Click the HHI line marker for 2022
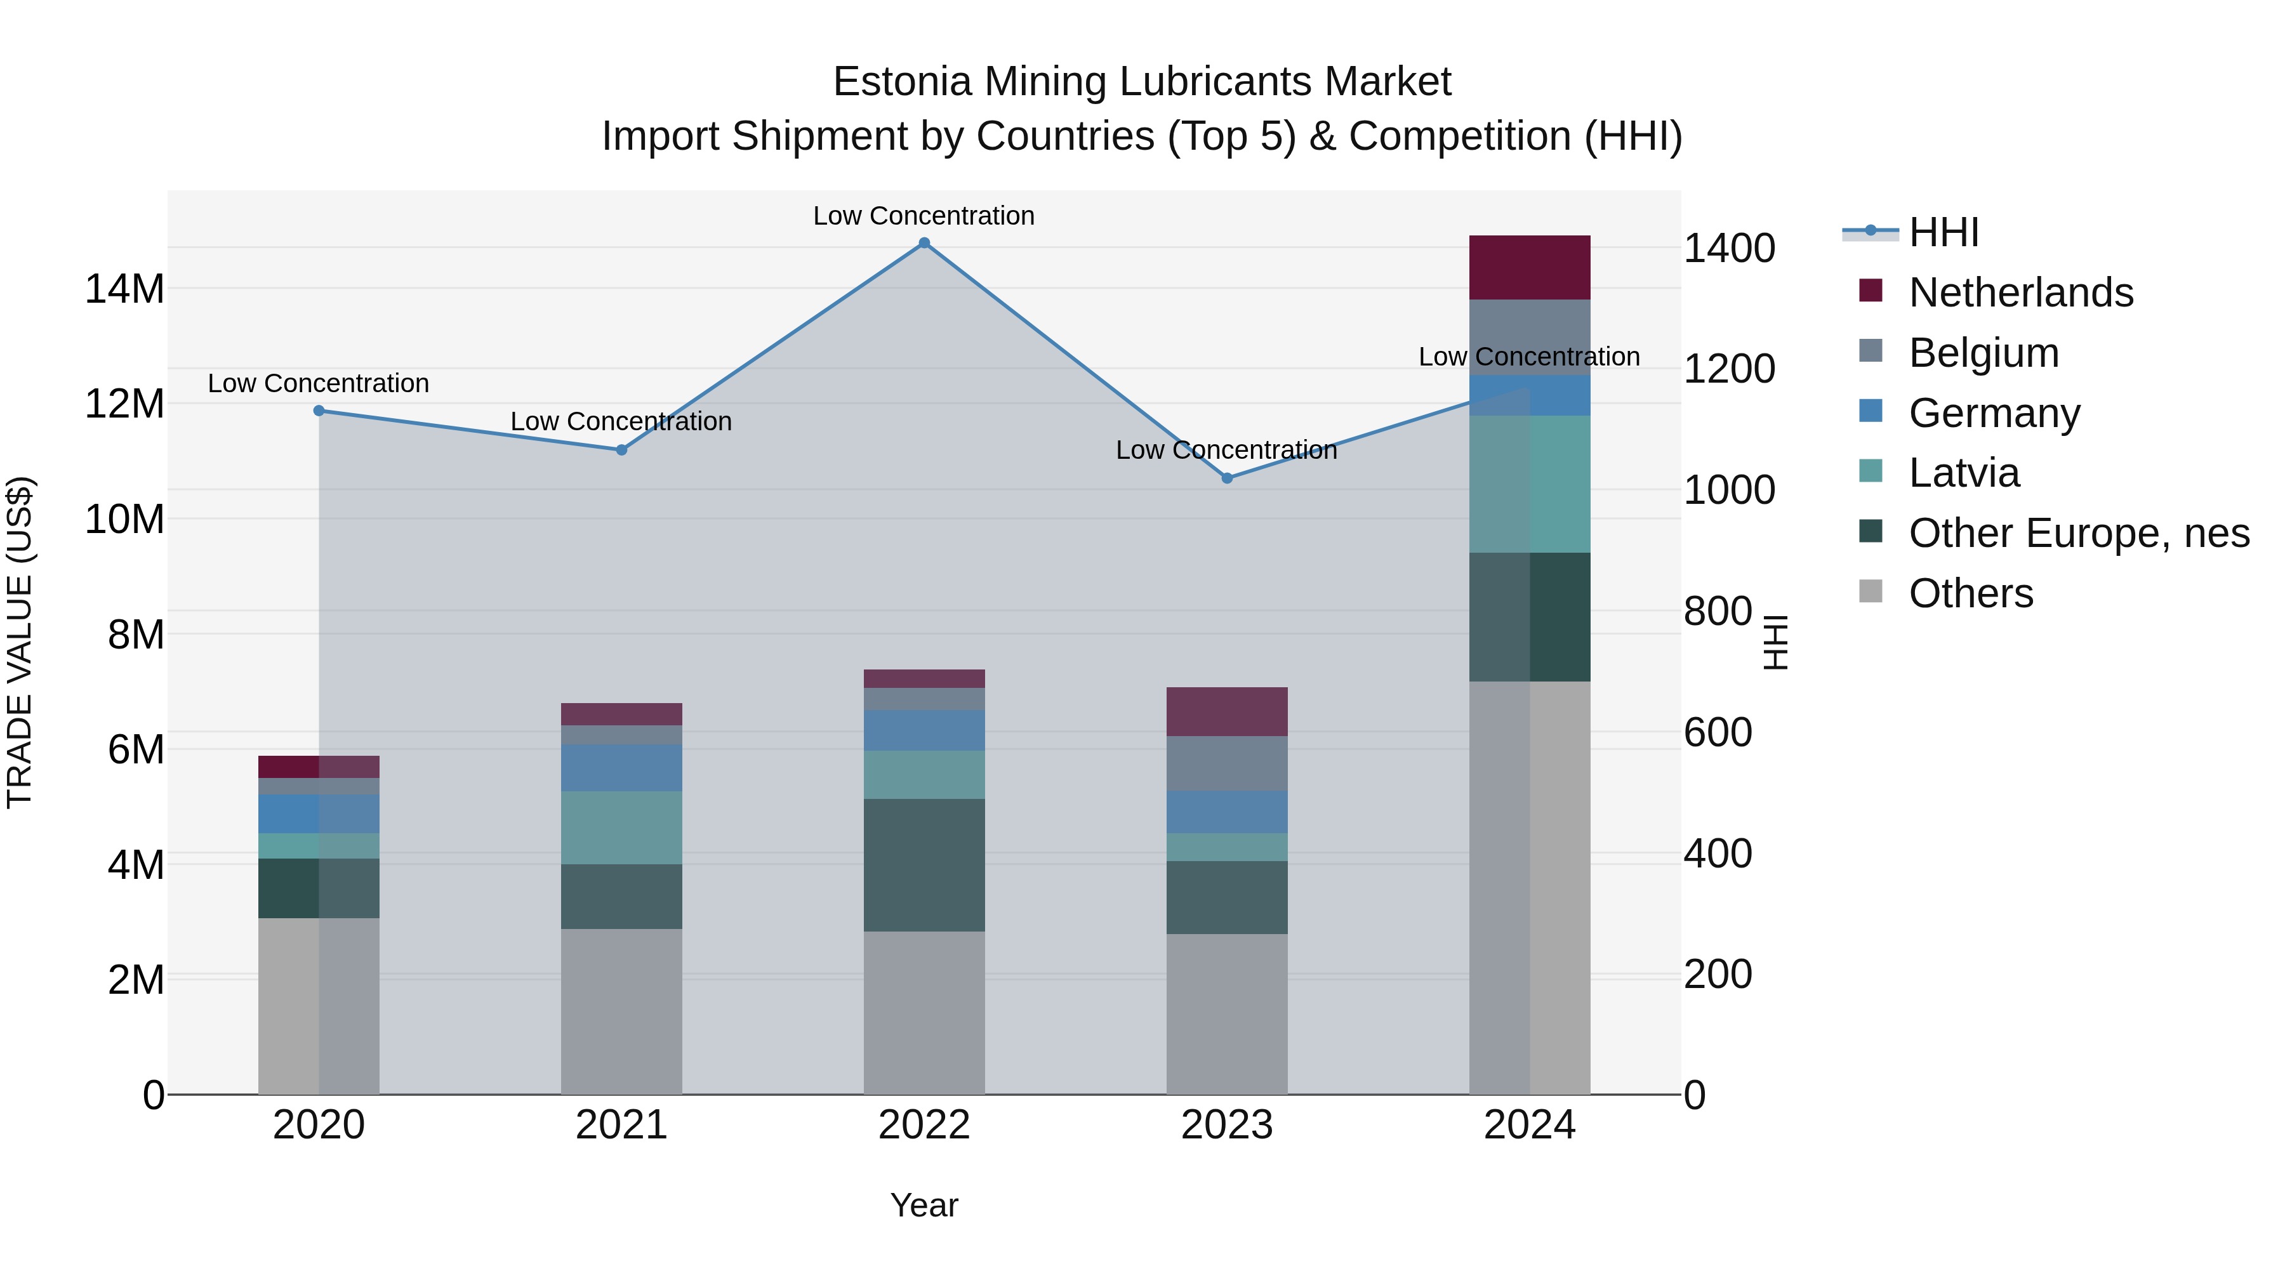(x=924, y=243)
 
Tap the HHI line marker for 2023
(x=1227, y=478)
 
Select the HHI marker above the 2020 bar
(x=319, y=411)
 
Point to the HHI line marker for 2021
(x=622, y=451)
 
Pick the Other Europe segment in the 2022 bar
(x=924, y=865)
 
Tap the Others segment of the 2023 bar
(x=1227, y=1013)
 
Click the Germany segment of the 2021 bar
(x=622, y=768)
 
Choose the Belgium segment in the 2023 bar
(x=1227, y=763)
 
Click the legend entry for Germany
(x=1994, y=413)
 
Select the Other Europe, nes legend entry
(x=2078, y=534)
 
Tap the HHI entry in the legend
(x=1943, y=232)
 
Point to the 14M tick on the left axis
(x=124, y=289)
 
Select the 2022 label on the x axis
(x=924, y=1125)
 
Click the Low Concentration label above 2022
(x=924, y=216)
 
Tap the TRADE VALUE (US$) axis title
(x=20, y=642)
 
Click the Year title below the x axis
(x=924, y=1205)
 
